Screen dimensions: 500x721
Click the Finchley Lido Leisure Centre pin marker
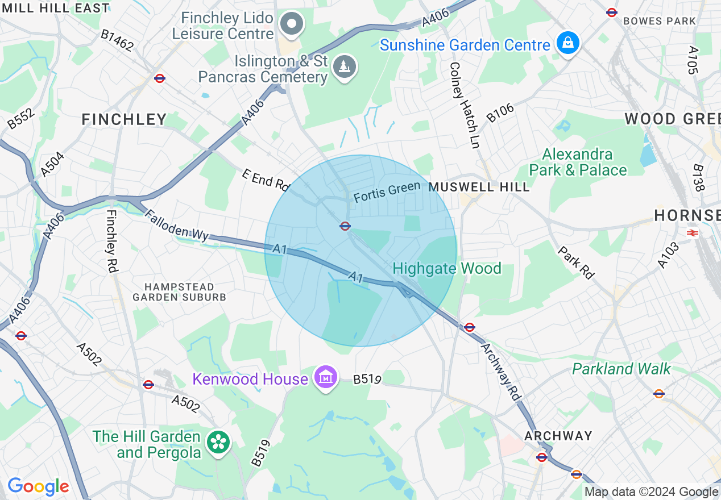click(x=293, y=24)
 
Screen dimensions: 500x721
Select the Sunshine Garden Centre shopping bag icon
click(x=567, y=43)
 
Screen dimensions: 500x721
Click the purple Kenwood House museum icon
click(x=326, y=377)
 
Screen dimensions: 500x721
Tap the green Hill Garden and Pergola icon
click(x=217, y=443)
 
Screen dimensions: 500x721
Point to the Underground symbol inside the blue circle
click(x=345, y=226)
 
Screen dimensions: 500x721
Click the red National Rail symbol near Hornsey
click(x=692, y=232)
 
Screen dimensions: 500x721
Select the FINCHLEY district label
click(x=124, y=119)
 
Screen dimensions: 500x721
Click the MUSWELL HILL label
click(x=479, y=187)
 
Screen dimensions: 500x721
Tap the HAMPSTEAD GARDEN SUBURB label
click(x=179, y=292)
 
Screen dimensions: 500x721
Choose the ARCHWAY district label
click(x=558, y=436)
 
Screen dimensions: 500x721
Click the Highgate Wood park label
click(x=447, y=268)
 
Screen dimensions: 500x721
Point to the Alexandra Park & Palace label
click(x=578, y=162)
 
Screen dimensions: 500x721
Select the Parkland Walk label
click(x=621, y=369)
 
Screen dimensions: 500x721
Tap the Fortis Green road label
click(x=387, y=191)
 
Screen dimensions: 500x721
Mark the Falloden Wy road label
click(x=177, y=226)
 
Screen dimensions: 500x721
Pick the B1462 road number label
click(x=118, y=40)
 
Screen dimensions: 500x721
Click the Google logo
click(x=38, y=487)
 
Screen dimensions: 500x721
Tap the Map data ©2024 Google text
click(x=651, y=492)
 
